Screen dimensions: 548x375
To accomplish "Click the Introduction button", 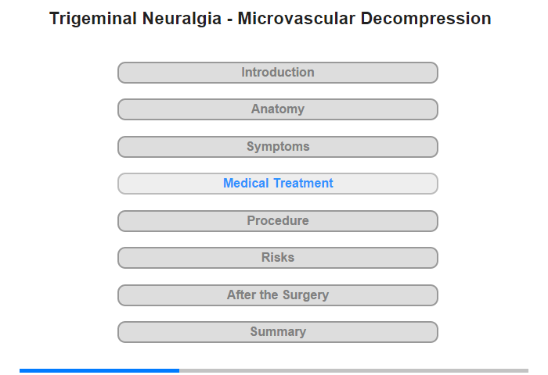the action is click(x=278, y=73).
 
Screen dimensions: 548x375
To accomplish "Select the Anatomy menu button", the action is click(x=278, y=109).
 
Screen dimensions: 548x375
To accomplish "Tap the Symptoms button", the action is click(x=278, y=147).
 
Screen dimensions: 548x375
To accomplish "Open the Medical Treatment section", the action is click(x=278, y=184).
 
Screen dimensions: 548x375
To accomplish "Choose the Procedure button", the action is click(x=278, y=221).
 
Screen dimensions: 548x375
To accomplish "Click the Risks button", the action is click(x=278, y=258).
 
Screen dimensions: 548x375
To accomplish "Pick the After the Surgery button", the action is click(x=278, y=295).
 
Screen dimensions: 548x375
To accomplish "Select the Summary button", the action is click(x=278, y=332).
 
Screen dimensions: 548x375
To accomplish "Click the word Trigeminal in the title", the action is click(x=93, y=19).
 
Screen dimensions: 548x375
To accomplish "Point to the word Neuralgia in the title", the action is click(x=182, y=19).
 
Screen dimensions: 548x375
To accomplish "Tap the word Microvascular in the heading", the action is click(x=297, y=19).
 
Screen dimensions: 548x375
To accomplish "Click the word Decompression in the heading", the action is click(x=426, y=19).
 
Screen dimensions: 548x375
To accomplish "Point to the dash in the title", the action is click(x=229, y=20).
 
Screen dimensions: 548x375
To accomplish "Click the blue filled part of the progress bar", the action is click(x=99, y=370).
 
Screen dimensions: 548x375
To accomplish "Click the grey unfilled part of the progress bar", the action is click(x=354, y=370).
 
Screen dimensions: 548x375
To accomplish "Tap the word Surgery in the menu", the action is click(x=306, y=295).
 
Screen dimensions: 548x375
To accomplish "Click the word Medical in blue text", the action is click(x=246, y=183).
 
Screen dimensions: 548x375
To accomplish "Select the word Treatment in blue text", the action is click(x=304, y=183).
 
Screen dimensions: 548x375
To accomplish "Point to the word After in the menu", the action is click(x=241, y=295).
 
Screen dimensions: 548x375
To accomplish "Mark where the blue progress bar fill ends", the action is click(x=179, y=370).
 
